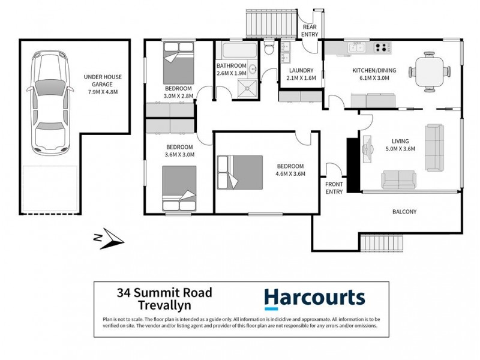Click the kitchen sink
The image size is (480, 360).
coord(356,48)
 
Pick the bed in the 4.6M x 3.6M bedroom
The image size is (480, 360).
coord(240,174)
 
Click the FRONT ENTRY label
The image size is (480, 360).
coord(334,188)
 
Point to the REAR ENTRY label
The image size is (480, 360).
coord(310,31)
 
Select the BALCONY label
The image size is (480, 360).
coord(404,212)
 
